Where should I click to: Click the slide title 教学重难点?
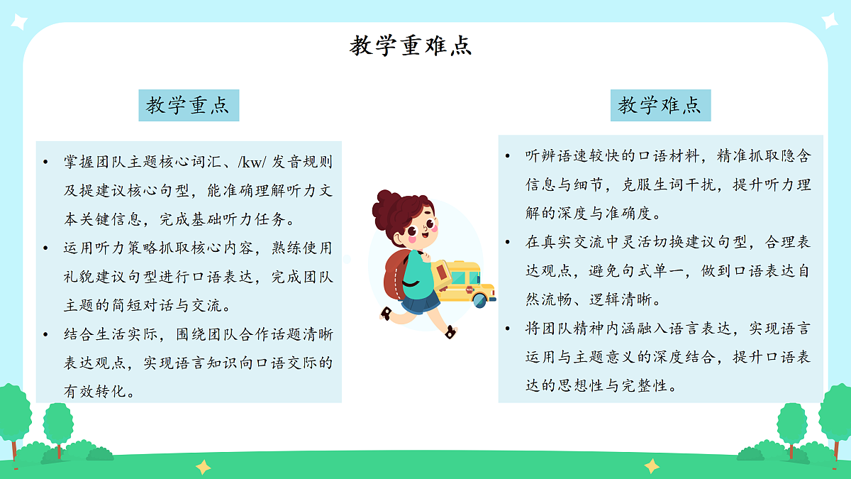tap(411, 46)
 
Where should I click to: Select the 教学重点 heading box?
tap(188, 106)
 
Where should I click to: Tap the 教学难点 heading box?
tap(660, 106)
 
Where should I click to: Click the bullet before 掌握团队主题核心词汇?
tap(47, 162)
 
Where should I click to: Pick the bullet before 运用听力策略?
tap(47, 248)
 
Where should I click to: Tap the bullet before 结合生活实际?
tap(47, 334)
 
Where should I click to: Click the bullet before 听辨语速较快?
tap(508, 156)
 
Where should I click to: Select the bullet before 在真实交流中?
tap(508, 242)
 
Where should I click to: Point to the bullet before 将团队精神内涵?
tap(508, 329)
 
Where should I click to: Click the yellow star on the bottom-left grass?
tap(204, 466)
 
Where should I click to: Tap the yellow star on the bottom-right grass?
tap(652, 466)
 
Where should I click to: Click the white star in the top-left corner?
tap(17, 22)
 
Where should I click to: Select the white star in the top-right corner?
tap(829, 21)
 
